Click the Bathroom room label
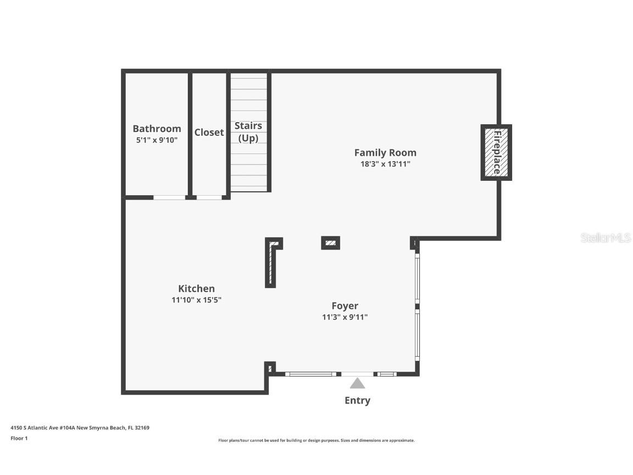[157, 129]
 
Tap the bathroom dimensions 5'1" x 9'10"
[157, 140]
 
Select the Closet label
[209, 132]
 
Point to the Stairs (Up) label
[248, 132]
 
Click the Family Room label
[385, 152]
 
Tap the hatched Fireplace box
[496, 152]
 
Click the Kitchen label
[196, 288]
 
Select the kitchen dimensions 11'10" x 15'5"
[196, 300]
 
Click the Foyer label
[345, 306]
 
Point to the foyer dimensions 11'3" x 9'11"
[345, 317]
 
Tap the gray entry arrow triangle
[358, 384]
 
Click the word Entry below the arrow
[357, 400]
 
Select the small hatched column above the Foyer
[330, 242]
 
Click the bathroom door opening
[169, 197]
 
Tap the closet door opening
[209, 197]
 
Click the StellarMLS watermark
[606, 237]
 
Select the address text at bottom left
[80, 427]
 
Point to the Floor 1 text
[19, 438]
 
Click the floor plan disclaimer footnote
[316, 440]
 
